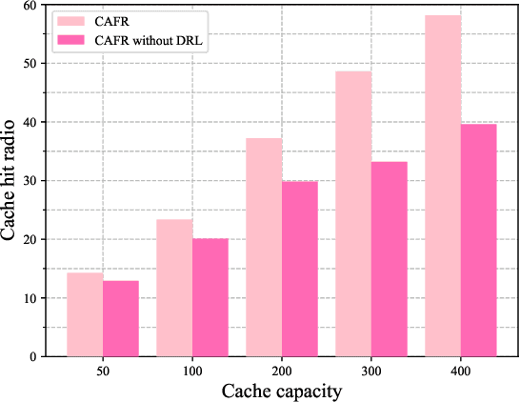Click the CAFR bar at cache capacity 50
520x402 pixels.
84,314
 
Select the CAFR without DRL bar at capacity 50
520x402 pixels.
120,318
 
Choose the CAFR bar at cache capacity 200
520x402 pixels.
264,248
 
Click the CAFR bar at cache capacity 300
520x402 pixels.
353,213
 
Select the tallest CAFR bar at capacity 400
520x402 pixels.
443,186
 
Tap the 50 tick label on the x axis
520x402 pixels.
102,372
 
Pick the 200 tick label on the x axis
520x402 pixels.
282,372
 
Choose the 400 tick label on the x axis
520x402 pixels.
461,372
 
